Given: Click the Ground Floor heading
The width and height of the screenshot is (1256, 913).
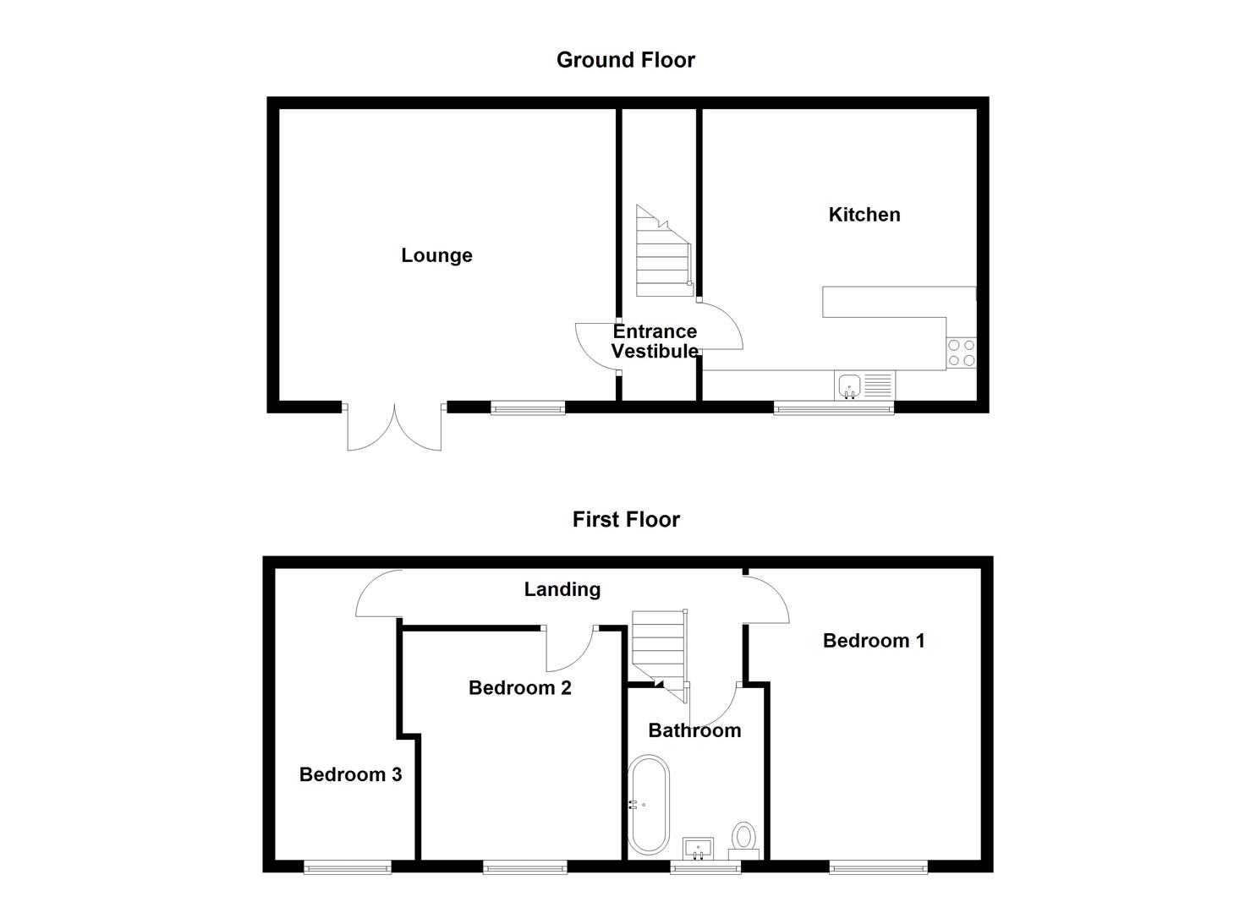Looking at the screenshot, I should click(x=625, y=60).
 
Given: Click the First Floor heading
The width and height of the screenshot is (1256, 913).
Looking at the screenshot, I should click(x=625, y=519).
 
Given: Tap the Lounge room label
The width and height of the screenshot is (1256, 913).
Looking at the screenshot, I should click(x=436, y=255).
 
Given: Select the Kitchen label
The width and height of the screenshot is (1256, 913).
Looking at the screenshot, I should click(x=864, y=215).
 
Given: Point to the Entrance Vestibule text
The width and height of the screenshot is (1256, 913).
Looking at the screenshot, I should click(x=655, y=342).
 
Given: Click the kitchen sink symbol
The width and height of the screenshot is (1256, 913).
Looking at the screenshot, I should click(x=849, y=386).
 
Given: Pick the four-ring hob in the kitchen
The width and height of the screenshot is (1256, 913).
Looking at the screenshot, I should click(x=961, y=353).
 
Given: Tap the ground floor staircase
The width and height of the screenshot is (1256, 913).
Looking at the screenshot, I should click(x=661, y=254).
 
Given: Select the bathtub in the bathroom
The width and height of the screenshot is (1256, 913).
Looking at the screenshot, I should click(x=649, y=805).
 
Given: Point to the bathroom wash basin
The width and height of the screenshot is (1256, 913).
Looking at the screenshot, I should click(x=699, y=847).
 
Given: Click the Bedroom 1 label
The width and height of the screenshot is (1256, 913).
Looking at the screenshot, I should click(x=873, y=641).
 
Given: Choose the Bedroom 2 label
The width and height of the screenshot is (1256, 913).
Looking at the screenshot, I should click(x=519, y=688).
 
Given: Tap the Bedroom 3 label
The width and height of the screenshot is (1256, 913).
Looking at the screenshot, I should click(x=350, y=774).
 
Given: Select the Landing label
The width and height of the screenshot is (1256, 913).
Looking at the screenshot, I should click(x=562, y=590).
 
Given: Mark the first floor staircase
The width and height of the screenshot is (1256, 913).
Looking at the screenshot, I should click(x=660, y=651).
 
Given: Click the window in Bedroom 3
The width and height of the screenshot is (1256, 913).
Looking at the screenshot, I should click(x=348, y=867).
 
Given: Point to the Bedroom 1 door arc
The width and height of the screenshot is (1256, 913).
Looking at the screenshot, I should click(x=768, y=599).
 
